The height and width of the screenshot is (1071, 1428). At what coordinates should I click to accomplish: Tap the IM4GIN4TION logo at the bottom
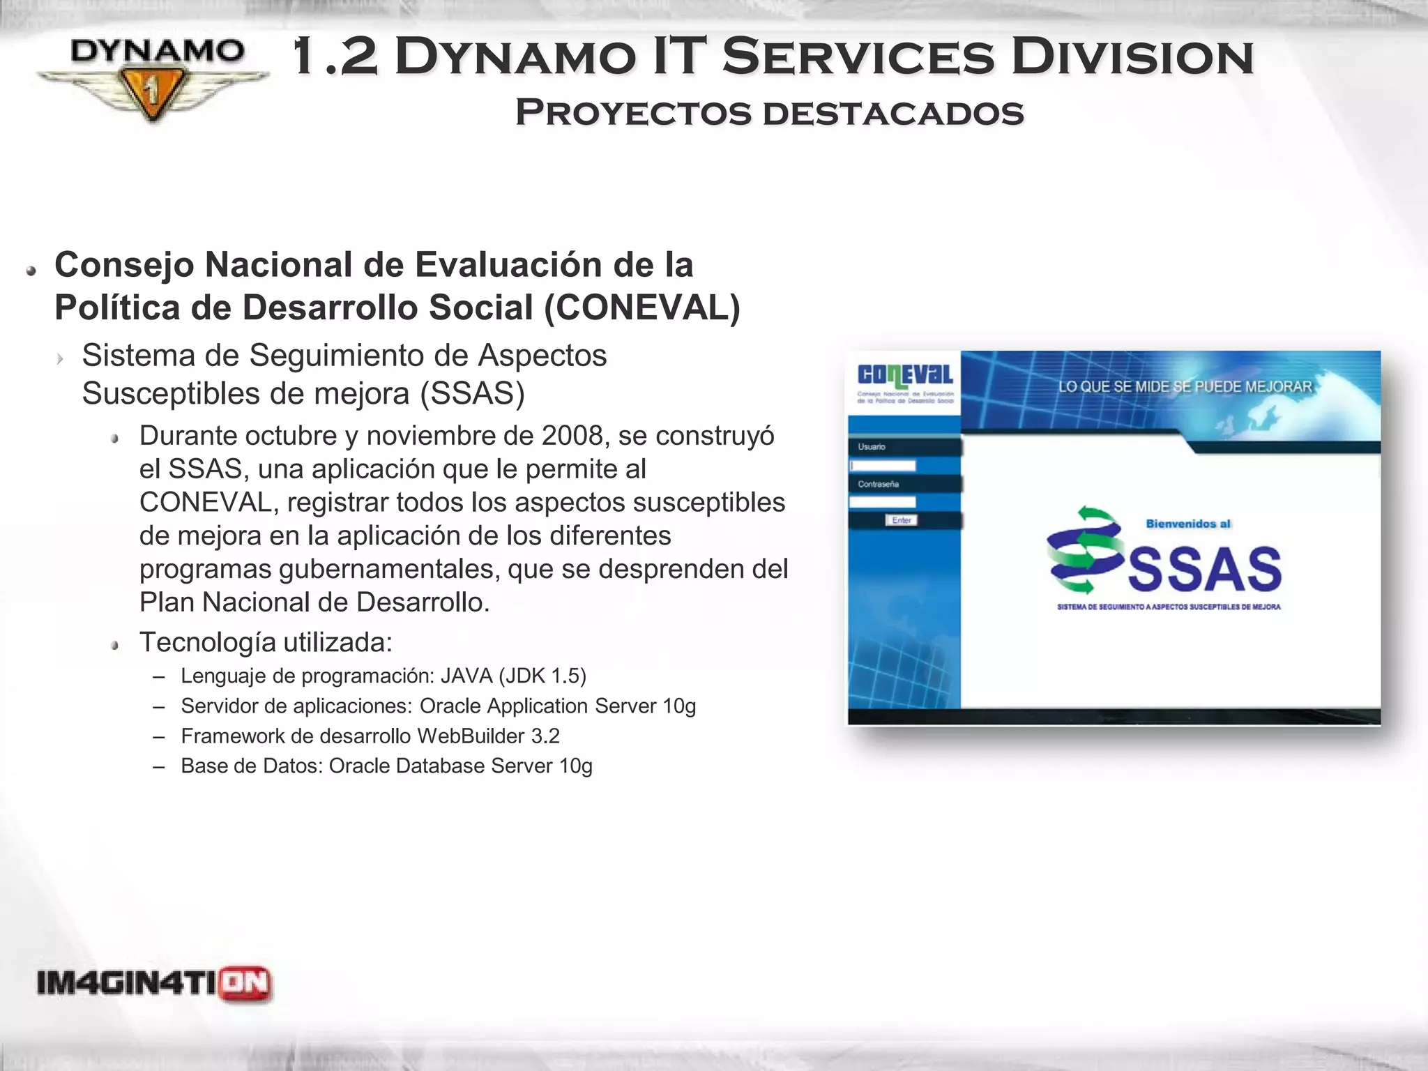tap(154, 984)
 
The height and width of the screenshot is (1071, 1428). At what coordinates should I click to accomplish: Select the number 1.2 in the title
tap(335, 57)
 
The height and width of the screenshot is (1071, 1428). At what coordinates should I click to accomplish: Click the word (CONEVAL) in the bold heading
tap(641, 307)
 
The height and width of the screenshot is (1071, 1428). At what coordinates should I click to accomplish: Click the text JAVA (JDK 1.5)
tap(513, 676)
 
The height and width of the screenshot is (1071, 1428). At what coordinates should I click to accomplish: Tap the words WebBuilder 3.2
tap(488, 736)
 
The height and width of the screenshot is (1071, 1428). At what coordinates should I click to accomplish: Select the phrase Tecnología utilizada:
tap(266, 642)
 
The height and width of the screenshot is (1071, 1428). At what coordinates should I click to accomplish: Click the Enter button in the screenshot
tap(902, 520)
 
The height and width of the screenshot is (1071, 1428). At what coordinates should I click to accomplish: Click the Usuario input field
tap(883, 465)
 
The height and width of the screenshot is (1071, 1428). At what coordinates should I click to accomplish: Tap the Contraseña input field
tap(883, 502)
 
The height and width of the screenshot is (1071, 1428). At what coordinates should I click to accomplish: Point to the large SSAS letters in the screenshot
tap(1204, 569)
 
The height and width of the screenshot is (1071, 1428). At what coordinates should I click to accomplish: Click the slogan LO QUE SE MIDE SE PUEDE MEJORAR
tap(1185, 387)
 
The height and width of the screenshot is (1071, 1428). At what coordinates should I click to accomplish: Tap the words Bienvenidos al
tap(1188, 524)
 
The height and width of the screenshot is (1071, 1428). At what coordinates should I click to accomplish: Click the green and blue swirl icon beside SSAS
tap(1084, 551)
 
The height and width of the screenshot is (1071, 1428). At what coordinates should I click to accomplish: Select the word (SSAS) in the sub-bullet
tap(472, 394)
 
